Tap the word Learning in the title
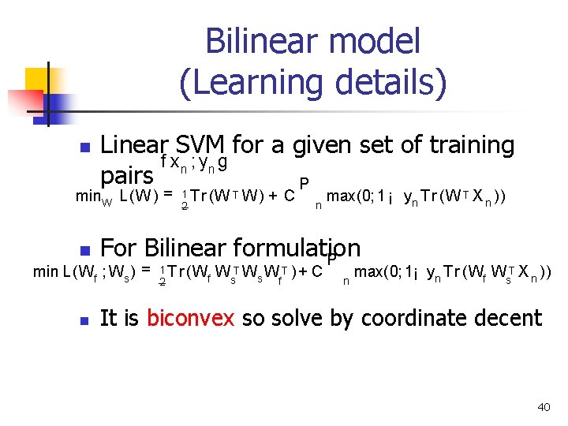click(253, 81)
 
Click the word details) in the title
click(390, 81)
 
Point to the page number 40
click(544, 407)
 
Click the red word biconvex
click(190, 318)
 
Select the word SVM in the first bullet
click(201, 145)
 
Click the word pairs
click(127, 174)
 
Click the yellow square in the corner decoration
click(38, 80)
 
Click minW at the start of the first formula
click(93, 195)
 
